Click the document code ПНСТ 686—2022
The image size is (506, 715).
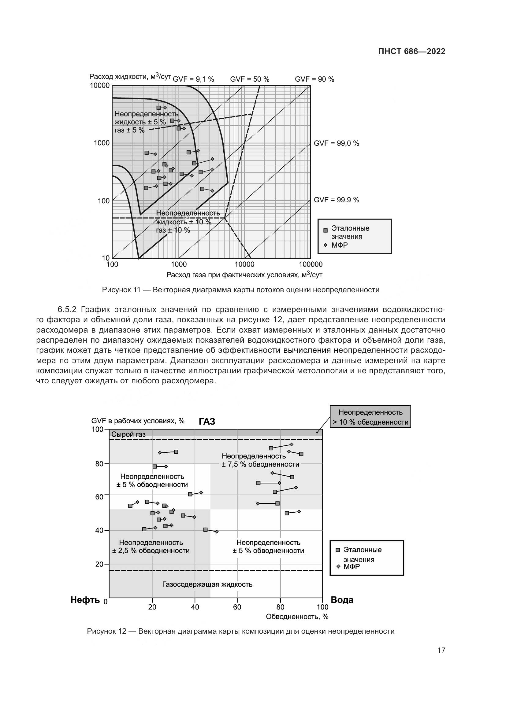(411, 52)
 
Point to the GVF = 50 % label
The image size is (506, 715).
(250, 79)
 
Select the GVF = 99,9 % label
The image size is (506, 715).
(336, 200)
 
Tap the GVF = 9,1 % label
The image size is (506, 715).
(193, 79)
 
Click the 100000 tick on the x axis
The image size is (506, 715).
(311, 265)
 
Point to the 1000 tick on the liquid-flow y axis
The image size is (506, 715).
(102, 143)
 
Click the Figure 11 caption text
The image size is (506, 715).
(240, 290)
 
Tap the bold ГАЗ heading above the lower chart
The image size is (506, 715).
(207, 422)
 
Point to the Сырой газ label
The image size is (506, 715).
(128, 434)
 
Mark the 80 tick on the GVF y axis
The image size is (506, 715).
(99, 464)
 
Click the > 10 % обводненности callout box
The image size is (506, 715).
(370, 417)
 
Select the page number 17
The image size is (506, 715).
(441, 650)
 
